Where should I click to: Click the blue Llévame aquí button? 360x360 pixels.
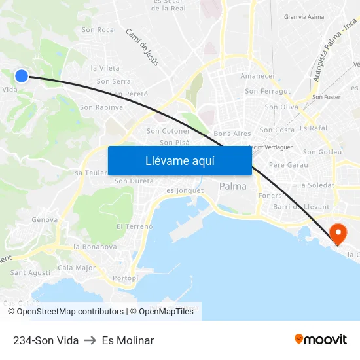(x=179, y=161)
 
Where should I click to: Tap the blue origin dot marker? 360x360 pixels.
(x=22, y=76)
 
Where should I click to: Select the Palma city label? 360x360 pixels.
(x=233, y=187)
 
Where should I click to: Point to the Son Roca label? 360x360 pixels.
(x=98, y=30)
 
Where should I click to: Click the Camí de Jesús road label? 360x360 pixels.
(x=143, y=47)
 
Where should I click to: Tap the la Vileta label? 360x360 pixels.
(x=105, y=68)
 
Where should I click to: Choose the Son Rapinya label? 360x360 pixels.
(x=101, y=107)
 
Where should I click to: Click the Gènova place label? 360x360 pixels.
(x=45, y=220)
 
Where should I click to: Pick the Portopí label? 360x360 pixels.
(x=126, y=278)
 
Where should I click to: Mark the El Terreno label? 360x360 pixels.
(x=134, y=226)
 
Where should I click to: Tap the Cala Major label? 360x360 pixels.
(x=77, y=268)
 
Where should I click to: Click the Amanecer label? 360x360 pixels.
(x=258, y=76)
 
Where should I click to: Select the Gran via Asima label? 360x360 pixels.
(x=304, y=17)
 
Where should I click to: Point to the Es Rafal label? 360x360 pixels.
(x=313, y=128)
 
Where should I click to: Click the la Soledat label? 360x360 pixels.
(x=316, y=185)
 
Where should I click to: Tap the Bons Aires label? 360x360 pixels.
(x=232, y=134)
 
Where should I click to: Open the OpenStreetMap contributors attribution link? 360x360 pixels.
(x=70, y=312)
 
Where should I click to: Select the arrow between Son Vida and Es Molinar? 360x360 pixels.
(x=90, y=340)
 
